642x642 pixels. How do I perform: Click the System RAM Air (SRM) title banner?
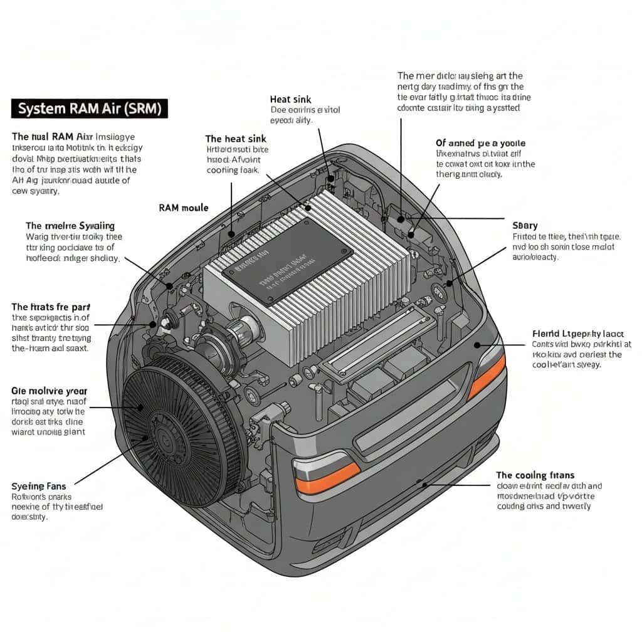pyautogui.click(x=90, y=108)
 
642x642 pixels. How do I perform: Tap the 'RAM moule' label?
pyautogui.click(x=184, y=208)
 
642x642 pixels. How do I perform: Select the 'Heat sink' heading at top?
pyautogui.click(x=290, y=99)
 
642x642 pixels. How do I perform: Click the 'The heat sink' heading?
pyautogui.click(x=236, y=139)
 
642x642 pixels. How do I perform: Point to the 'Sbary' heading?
pyautogui.click(x=525, y=225)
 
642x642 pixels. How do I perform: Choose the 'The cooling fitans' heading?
pyautogui.click(x=535, y=475)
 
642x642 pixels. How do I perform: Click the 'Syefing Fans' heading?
pyautogui.click(x=38, y=486)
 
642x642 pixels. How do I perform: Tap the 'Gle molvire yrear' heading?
pyautogui.click(x=50, y=391)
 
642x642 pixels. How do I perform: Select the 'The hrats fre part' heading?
pyautogui.click(x=51, y=307)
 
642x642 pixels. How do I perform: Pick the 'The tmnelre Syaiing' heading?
pyautogui.click(x=70, y=225)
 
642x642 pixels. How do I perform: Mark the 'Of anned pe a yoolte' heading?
pyautogui.click(x=480, y=143)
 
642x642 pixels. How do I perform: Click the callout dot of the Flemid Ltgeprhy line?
pyautogui.click(x=478, y=344)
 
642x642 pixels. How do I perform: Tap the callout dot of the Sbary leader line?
pyautogui.click(x=449, y=283)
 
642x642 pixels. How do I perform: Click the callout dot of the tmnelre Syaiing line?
pyautogui.click(x=169, y=286)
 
